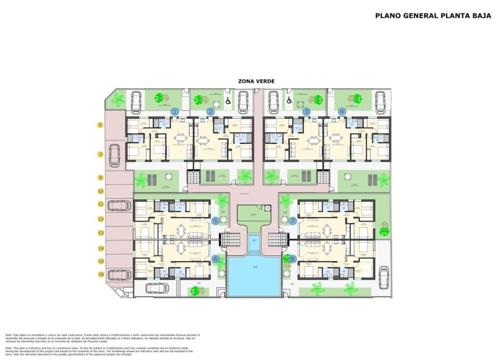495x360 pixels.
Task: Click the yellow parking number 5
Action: tap(100, 125)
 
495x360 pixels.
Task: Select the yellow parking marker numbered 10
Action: tap(100, 191)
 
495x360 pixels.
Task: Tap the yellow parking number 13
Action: tap(100, 232)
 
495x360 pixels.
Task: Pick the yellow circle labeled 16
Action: tap(100, 274)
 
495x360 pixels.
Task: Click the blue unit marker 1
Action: tap(175, 112)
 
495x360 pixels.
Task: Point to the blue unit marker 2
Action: tap(210, 112)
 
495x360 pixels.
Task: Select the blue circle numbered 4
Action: tap(342, 112)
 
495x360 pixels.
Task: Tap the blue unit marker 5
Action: tap(215, 221)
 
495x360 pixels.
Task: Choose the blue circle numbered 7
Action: tap(293, 221)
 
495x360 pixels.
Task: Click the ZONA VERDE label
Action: tap(256, 82)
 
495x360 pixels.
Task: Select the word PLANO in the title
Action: tap(388, 16)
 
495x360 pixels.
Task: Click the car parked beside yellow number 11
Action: tap(119, 206)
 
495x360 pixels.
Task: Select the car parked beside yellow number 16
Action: tap(119, 274)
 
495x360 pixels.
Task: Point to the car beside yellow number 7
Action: tap(115, 155)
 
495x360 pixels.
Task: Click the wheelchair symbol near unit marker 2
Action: tap(227, 101)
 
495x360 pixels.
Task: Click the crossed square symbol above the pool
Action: tap(268, 209)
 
